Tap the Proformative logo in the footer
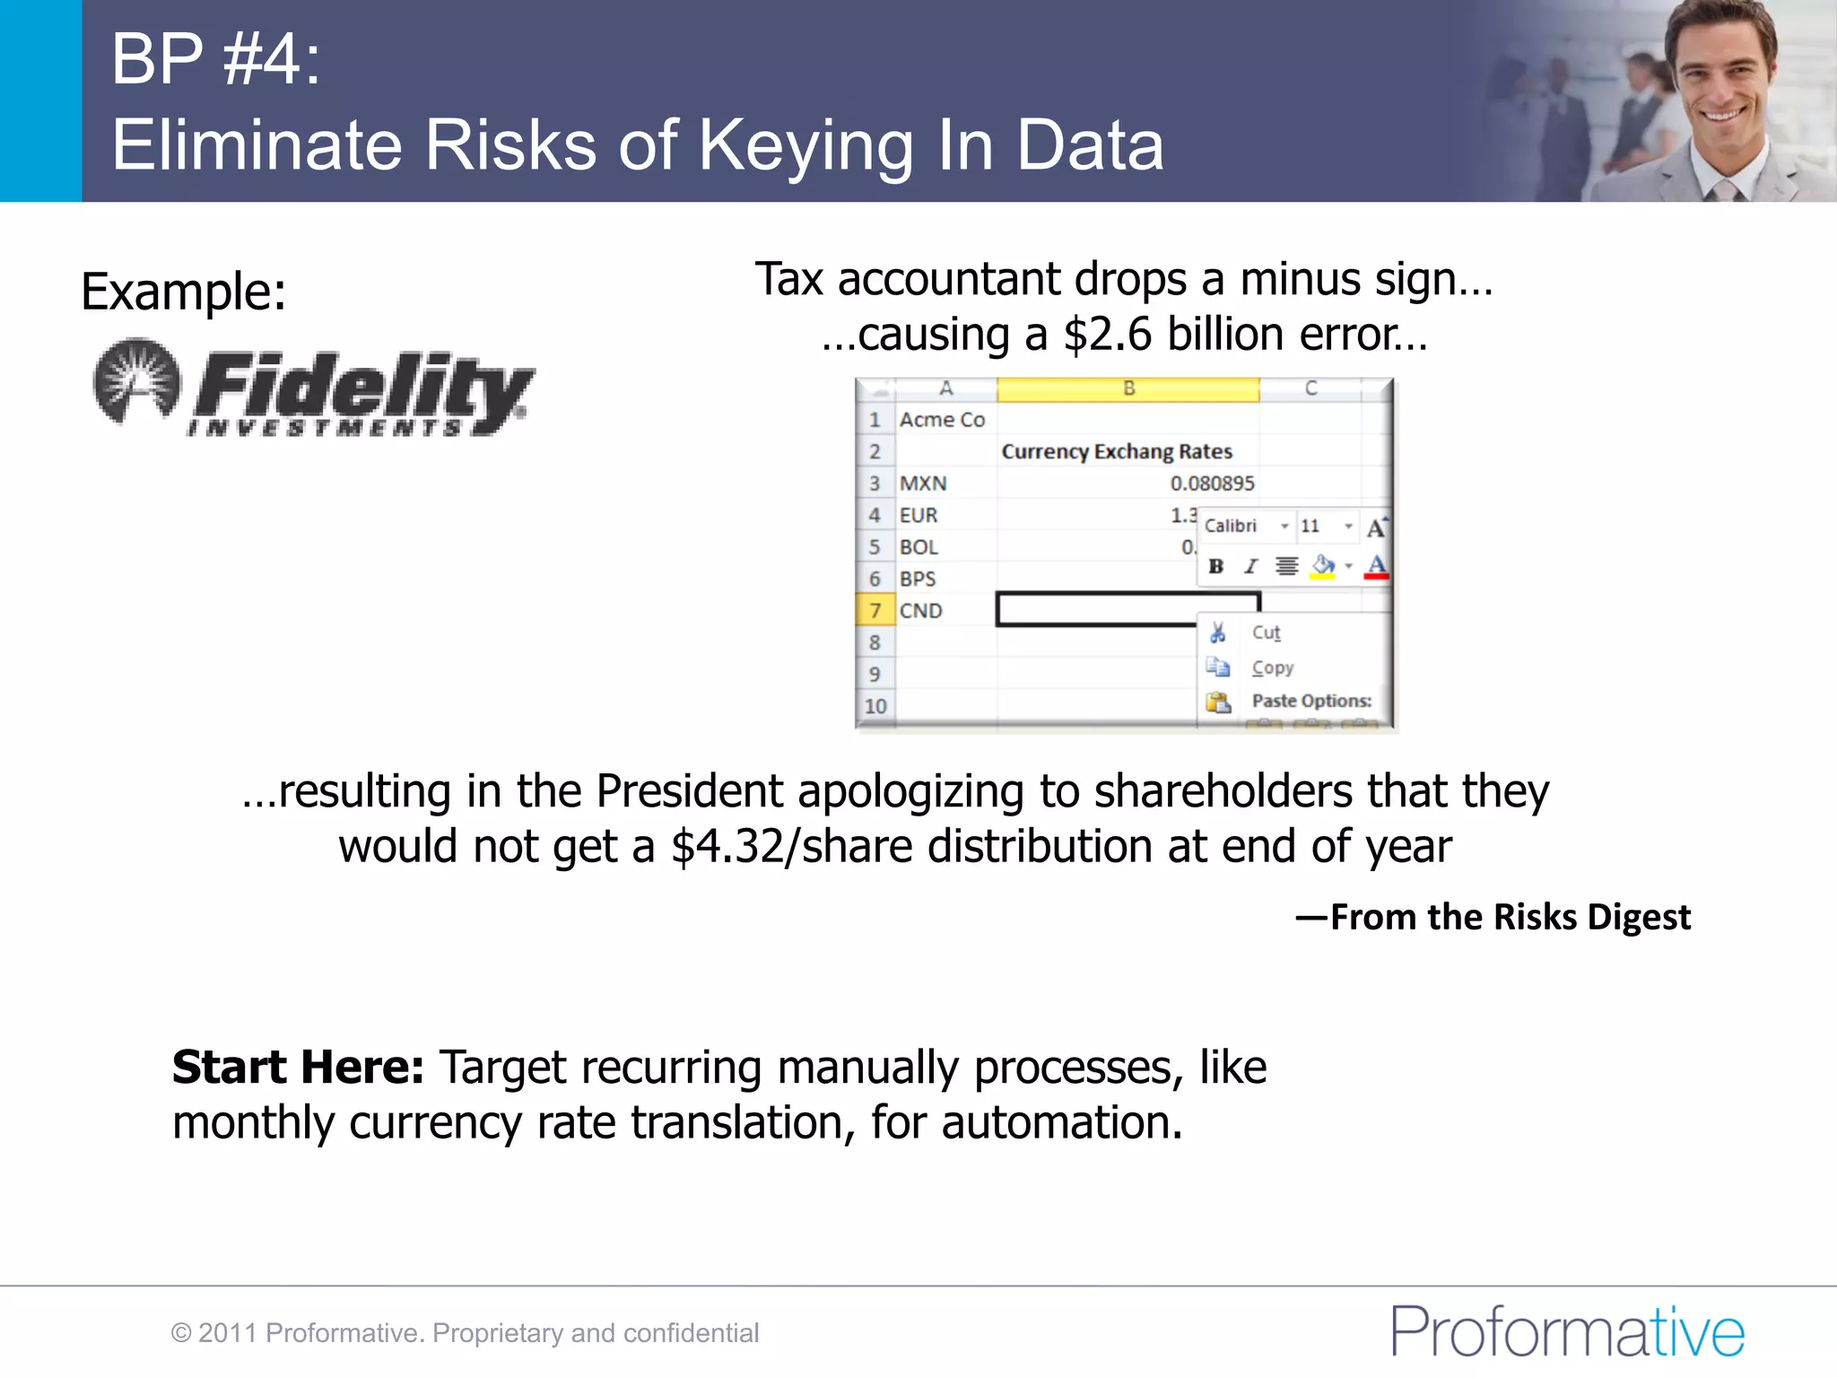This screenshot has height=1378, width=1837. pyautogui.click(x=1566, y=1331)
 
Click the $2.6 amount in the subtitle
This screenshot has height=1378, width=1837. pyautogui.click(x=1108, y=335)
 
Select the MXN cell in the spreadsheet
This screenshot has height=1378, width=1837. pyautogui.click(x=923, y=484)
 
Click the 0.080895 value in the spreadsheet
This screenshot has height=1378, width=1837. pyautogui.click(x=1212, y=484)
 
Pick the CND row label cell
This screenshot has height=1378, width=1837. pyautogui.click(x=921, y=611)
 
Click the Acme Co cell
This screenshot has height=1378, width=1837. pyautogui.click(x=942, y=420)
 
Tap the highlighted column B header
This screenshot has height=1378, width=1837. pyautogui.click(x=1128, y=389)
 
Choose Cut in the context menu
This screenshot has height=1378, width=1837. pyautogui.click(x=1266, y=633)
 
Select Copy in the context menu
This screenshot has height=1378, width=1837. pyautogui.click(x=1272, y=667)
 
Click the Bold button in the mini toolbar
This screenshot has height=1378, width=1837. pyautogui.click(x=1216, y=566)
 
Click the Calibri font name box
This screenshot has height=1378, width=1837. pyautogui.click(x=1238, y=526)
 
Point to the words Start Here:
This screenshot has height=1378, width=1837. pyautogui.click(x=298, y=1068)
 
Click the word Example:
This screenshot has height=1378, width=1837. pyautogui.click(x=184, y=292)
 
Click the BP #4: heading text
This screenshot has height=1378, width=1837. pyautogui.click(x=216, y=59)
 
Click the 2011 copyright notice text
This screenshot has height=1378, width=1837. pyautogui.click(x=466, y=1333)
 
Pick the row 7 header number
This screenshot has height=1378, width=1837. pyautogui.click(x=875, y=611)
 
